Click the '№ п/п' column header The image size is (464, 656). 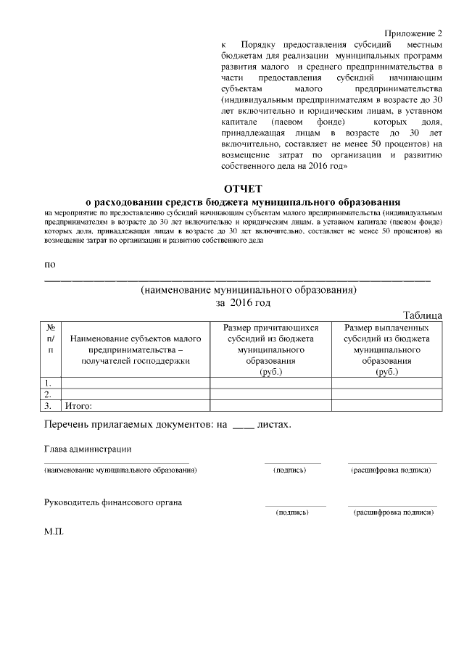pyautogui.click(x=50, y=339)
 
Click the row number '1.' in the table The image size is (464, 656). pyautogui.click(x=48, y=383)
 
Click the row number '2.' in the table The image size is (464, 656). pyautogui.click(x=48, y=394)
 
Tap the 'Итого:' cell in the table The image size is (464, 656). pyautogui.click(x=79, y=406)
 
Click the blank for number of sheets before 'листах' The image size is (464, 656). pyautogui.click(x=243, y=424)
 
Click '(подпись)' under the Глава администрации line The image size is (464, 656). pyautogui.click(x=289, y=470)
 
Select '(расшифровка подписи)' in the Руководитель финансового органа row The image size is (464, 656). pyautogui.click(x=393, y=512)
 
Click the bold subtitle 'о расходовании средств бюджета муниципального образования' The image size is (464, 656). pyautogui.click(x=243, y=201)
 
